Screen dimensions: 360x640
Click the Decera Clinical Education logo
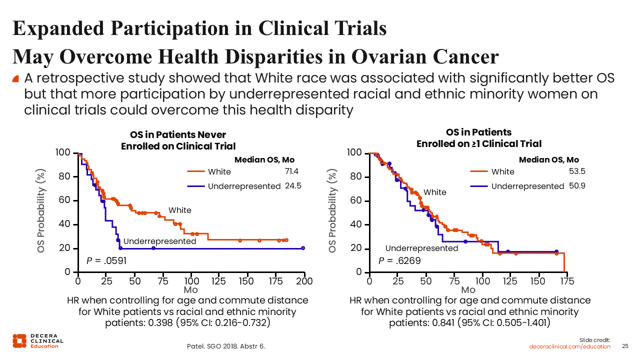coord(38,340)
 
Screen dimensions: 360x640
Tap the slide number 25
coord(625,346)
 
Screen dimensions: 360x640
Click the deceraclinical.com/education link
coord(570,346)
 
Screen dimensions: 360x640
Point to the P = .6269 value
coord(399,260)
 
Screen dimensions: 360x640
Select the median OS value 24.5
coord(292,185)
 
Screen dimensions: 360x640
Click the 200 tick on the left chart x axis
coord(304,281)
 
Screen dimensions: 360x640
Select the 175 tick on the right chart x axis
coord(566,281)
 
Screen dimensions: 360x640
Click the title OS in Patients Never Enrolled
coord(178,140)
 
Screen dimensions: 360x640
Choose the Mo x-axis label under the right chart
coord(468,290)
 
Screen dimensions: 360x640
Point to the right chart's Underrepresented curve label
coord(421,248)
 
